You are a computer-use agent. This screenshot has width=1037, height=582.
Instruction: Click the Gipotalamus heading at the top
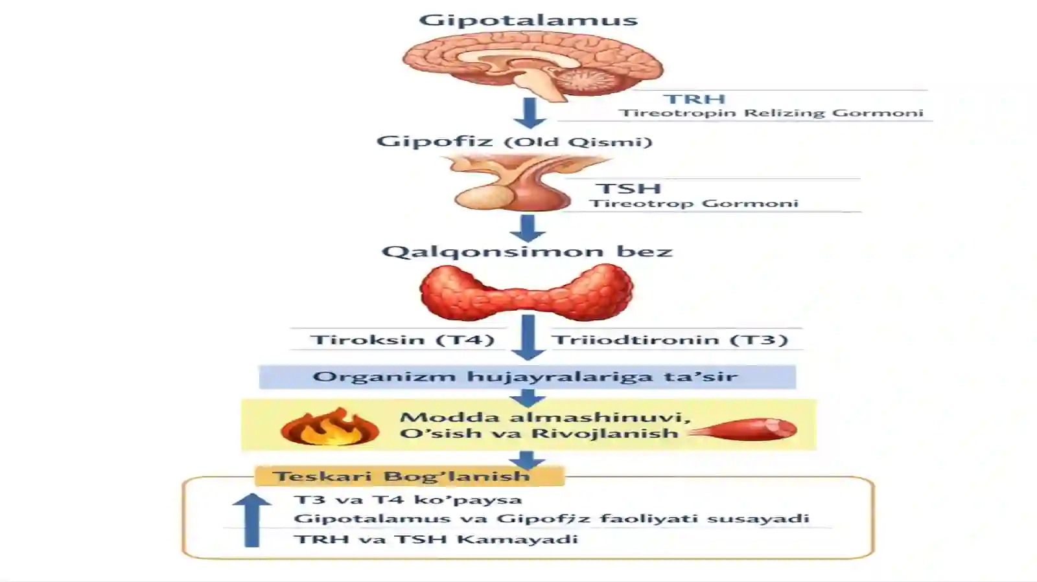[x=528, y=20]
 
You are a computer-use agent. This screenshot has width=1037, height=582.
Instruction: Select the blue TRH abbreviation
[x=694, y=99]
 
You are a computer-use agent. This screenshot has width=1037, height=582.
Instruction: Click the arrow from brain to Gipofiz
[x=530, y=113]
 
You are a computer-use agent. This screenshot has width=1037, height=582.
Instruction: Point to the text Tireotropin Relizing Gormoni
[x=771, y=113]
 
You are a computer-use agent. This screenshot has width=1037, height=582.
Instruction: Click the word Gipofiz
[x=434, y=140]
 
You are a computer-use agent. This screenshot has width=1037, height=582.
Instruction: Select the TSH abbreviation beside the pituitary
[x=628, y=188]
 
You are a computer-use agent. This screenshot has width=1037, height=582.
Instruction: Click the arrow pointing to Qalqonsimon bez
[x=528, y=229]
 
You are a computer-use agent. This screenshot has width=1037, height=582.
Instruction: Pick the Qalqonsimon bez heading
[x=527, y=251]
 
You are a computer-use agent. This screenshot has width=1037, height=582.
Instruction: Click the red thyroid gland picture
[x=527, y=292]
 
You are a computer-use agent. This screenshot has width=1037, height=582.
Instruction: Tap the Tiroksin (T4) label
[x=402, y=340]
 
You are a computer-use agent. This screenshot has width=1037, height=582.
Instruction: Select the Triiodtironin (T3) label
[x=670, y=340]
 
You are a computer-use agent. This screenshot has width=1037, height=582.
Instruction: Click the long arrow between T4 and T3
[x=528, y=337]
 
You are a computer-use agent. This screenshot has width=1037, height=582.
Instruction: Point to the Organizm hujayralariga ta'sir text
[x=525, y=376]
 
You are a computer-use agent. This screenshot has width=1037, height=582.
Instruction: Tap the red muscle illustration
[x=743, y=429]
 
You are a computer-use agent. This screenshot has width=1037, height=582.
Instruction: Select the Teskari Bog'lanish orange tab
[x=410, y=476]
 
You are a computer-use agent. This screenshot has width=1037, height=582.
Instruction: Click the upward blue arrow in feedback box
[x=251, y=520]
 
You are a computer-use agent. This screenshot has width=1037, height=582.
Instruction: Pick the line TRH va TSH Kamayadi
[x=436, y=539]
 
